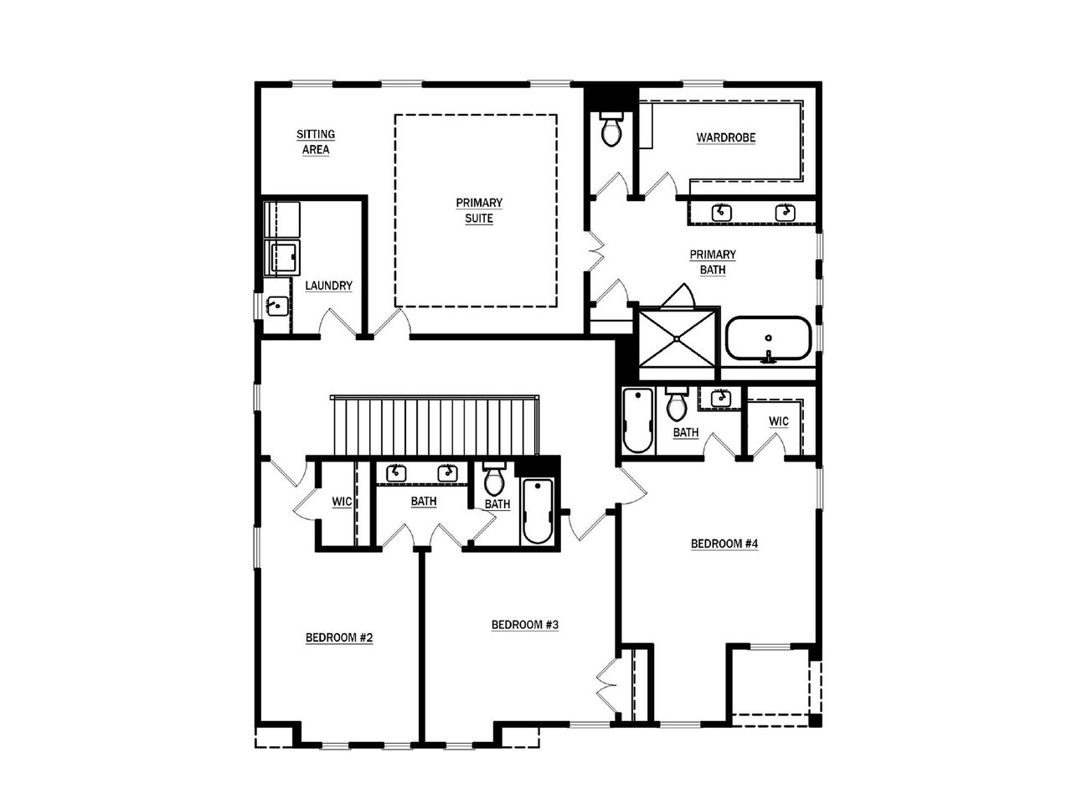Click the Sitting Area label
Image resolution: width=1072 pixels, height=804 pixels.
[316, 142]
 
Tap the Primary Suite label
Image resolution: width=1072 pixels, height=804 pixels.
[479, 211]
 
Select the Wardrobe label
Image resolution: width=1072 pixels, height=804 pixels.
[726, 138]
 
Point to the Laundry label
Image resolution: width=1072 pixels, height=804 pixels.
[328, 286]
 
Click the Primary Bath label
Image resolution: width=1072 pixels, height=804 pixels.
[713, 262]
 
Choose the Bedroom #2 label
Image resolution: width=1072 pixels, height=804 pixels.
[338, 638]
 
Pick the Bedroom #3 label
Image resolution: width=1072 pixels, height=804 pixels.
[524, 626]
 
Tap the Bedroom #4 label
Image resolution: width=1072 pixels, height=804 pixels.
[724, 544]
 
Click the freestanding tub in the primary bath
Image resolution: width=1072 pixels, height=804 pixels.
[767, 339]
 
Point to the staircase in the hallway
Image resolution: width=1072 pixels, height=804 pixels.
[433, 425]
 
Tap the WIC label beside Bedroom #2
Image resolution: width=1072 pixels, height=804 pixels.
[342, 502]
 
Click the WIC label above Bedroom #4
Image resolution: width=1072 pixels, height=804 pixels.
[778, 421]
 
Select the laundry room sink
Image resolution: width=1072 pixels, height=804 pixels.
[276, 306]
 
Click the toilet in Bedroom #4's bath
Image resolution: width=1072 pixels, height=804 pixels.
[676, 405]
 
